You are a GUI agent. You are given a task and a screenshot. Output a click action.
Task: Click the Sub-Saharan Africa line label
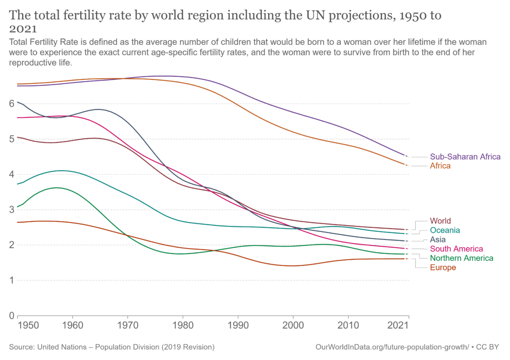click(x=465, y=157)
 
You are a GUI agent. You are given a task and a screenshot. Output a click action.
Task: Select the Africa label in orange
click(x=440, y=166)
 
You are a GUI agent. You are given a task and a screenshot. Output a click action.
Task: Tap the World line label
click(x=440, y=221)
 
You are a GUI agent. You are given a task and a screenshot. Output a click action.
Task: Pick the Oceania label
click(x=445, y=230)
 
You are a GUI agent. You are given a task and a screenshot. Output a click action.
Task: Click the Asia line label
click(x=438, y=239)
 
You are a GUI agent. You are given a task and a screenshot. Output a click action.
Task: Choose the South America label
click(x=456, y=249)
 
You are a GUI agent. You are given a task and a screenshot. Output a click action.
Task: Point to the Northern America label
click(x=461, y=258)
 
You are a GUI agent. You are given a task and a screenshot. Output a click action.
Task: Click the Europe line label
click(x=443, y=268)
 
